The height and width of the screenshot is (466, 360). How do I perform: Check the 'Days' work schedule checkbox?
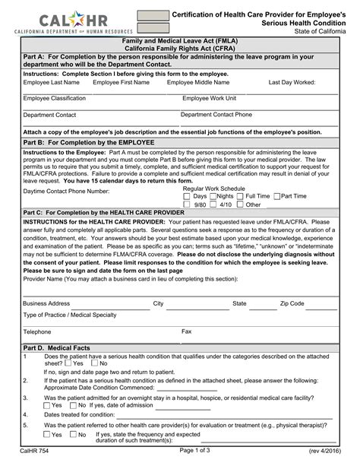click(188, 196)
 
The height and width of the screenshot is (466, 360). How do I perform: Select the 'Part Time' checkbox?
click(277, 196)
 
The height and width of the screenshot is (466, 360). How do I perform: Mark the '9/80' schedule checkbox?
click(188, 204)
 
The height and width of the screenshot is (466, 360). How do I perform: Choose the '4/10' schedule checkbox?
click(213, 204)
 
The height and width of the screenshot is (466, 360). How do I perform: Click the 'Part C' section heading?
click(104, 212)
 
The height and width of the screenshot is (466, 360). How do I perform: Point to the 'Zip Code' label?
click(292, 303)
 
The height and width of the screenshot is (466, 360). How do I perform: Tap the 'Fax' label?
click(186, 331)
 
